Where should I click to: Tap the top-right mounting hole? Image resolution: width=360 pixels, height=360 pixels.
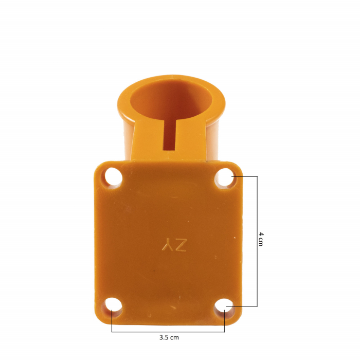pyautogui.click(x=225, y=177)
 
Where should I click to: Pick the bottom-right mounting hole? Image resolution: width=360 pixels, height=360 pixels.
pyautogui.click(x=224, y=307)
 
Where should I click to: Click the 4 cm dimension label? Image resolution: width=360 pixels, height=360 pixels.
pyautogui.click(x=261, y=240)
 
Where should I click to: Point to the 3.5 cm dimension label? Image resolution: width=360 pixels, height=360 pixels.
pyautogui.click(x=169, y=338)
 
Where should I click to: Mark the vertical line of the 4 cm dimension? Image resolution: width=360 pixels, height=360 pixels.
pyautogui.click(x=257, y=242)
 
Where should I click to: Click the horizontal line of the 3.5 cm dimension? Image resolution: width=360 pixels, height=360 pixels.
pyautogui.click(x=168, y=332)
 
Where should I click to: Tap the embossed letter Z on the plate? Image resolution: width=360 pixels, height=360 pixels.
pyautogui.click(x=179, y=246)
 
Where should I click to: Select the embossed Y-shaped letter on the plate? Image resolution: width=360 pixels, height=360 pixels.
pyautogui.click(x=167, y=246)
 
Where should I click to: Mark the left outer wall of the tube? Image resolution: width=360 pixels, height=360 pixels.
pyautogui.click(x=124, y=134)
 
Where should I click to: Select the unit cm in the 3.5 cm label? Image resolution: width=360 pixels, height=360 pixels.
pyautogui.click(x=174, y=338)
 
